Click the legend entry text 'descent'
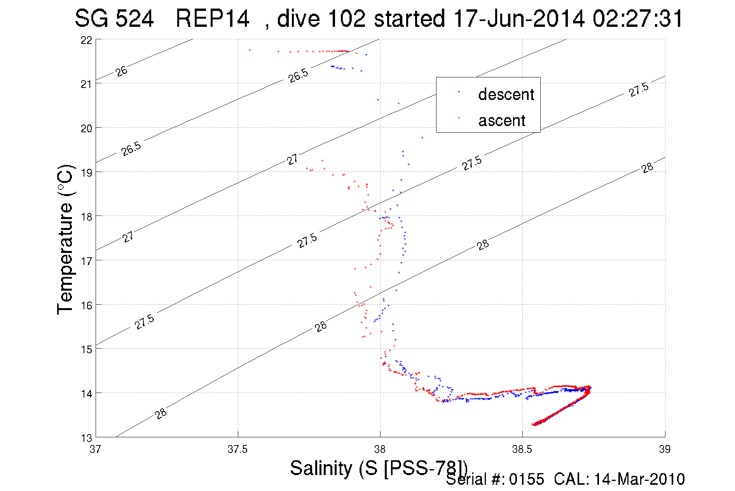pos(506,95)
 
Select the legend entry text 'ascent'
pos(502,121)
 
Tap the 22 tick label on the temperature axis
pos(86,40)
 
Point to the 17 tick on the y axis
pos(86,261)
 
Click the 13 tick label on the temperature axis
pos(86,438)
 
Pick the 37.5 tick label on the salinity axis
pos(237,449)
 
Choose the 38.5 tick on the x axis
pos(522,449)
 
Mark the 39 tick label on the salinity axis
pos(665,449)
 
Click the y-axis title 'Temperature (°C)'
pos(65,240)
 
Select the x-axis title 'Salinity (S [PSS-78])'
pos(378,468)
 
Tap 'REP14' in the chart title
pos(212,19)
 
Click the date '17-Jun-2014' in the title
pos(519,19)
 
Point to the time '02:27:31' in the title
pos(637,19)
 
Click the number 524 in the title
pos(135,19)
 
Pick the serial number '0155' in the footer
pos(527,479)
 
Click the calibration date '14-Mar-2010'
pos(639,479)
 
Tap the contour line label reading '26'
pos(121,71)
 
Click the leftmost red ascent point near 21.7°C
pos(250,50)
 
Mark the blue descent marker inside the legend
pos(459,92)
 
